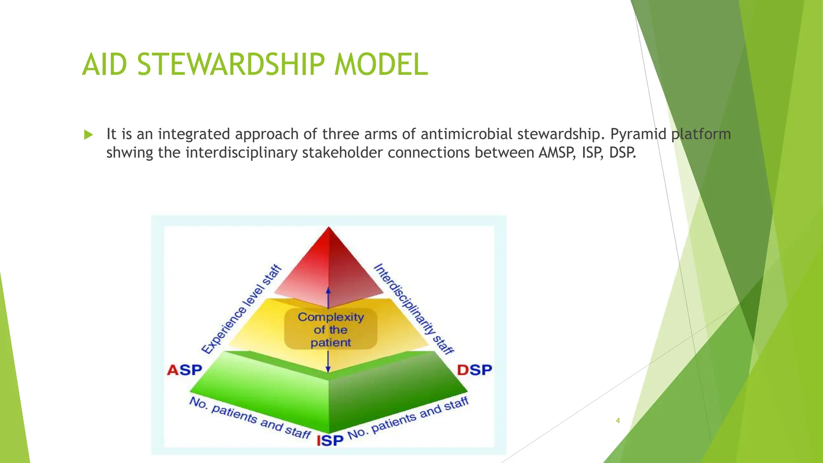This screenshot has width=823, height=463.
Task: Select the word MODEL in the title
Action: pyautogui.click(x=381, y=64)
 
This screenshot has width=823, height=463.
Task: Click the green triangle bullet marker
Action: pyautogui.click(x=88, y=135)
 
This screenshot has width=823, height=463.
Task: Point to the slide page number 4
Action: pyautogui.click(x=618, y=421)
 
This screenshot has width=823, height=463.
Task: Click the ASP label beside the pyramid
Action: pyautogui.click(x=184, y=370)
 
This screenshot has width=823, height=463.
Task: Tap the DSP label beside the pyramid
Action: pyautogui.click(x=475, y=370)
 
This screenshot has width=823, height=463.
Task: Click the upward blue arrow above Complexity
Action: pyautogui.click(x=328, y=297)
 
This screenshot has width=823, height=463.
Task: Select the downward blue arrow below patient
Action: pyautogui.click(x=328, y=362)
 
